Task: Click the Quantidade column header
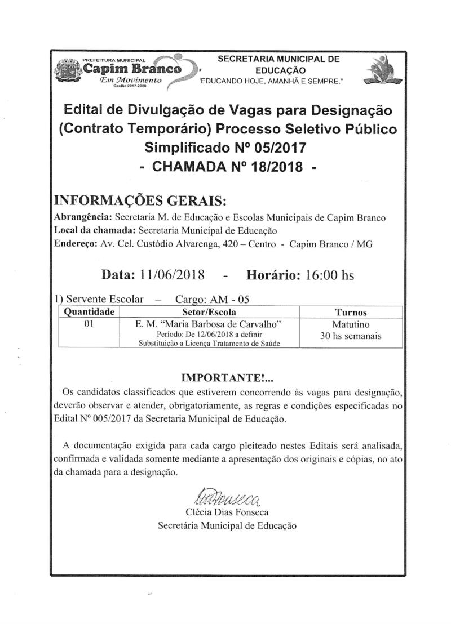click(90, 312)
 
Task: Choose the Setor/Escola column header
click(209, 312)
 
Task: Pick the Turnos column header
click(351, 312)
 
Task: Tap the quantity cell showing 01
click(89, 324)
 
